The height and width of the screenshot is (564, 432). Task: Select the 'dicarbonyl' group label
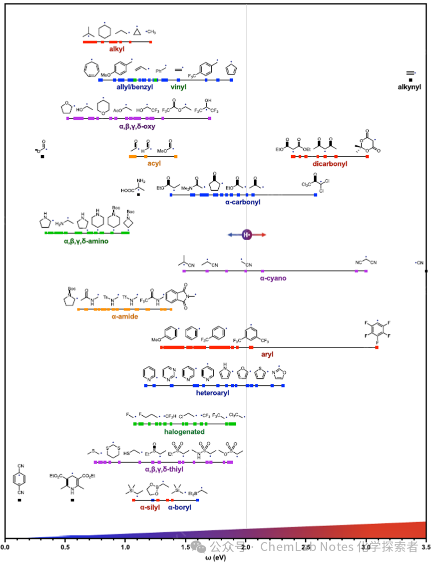coord(330,163)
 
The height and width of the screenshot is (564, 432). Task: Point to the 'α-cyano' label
coord(273,278)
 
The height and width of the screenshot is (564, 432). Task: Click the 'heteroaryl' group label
coord(212,393)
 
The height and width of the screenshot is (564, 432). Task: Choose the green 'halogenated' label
coord(184,431)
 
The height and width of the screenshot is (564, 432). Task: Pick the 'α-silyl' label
coord(149,508)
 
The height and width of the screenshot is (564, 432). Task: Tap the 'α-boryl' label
coord(179,508)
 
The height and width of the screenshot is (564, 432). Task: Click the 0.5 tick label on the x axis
coord(64,548)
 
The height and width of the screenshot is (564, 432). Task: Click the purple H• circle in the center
coord(246,235)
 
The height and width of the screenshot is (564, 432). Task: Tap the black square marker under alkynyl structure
coord(411,80)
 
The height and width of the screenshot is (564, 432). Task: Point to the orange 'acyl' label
coord(153,163)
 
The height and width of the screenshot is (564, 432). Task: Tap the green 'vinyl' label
coord(178,87)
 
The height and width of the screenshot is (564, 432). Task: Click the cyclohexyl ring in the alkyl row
coord(104,31)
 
